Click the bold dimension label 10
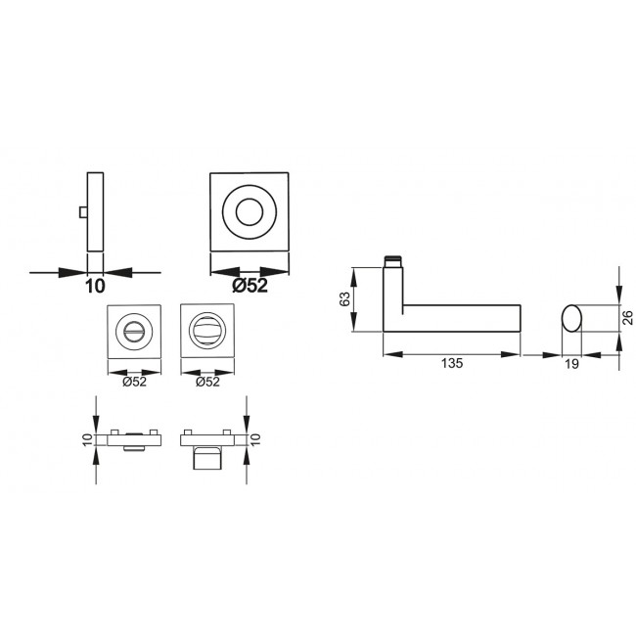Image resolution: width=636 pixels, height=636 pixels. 95,287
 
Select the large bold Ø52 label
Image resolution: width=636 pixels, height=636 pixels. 250,286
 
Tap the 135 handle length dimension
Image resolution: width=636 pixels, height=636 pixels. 452,363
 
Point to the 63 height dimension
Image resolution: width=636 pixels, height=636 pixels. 344,299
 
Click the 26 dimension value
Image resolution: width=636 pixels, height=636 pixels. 627,318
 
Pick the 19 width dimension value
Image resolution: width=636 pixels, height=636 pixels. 571,364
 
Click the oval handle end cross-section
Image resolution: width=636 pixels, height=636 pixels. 571,318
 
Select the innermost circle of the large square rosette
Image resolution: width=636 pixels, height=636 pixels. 250,212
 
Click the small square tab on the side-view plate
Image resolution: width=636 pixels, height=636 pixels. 83,212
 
